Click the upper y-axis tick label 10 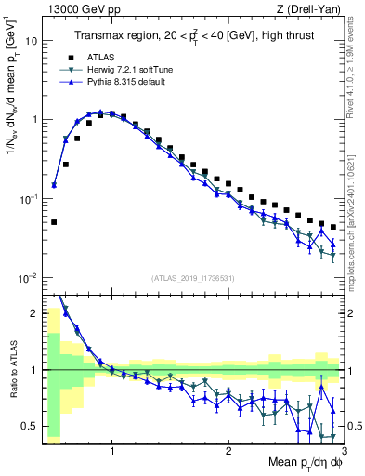click(x=31, y=41)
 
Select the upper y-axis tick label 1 click(x=33, y=120)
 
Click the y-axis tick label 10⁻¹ click(x=29, y=199)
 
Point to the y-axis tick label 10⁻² click(x=29, y=278)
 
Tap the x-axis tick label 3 click(x=344, y=451)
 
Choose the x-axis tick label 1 click(x=112, y=451)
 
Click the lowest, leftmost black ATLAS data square click(x=54, y=222)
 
